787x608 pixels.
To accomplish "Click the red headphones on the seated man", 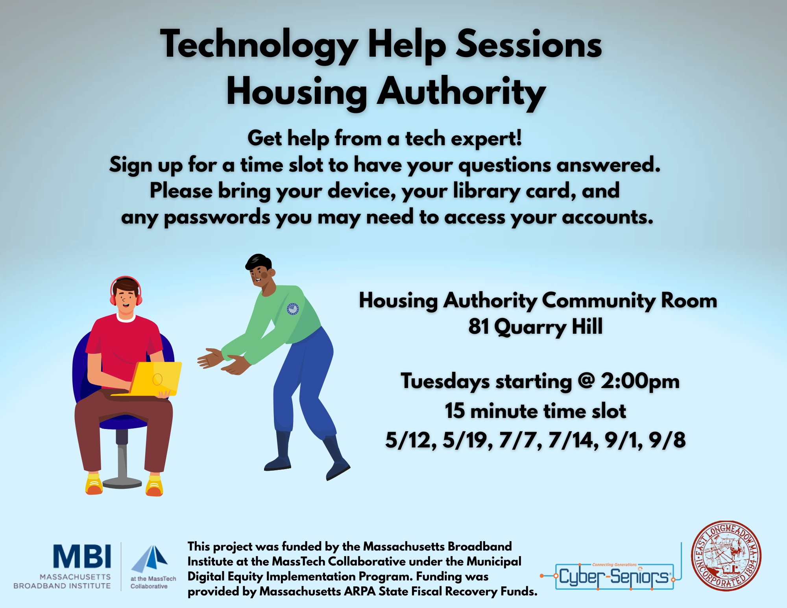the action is pyautogui.click(x=126, y=292).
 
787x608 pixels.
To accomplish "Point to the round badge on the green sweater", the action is pyautogui.click(x=292, y=309).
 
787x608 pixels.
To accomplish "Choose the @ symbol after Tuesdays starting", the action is pyautogui.click(x=586, y=381).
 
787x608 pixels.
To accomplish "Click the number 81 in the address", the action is pyautogui.click(x=478, y=326).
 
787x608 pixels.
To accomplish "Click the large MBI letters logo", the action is pyautogui.click(x=82, y=556).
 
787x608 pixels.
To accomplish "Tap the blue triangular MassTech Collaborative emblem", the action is pyautogui.click(x=150, y=558).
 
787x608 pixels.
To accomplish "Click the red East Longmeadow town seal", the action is pyautogui.click(x=726, y=556).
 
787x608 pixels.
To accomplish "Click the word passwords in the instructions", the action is pyautogui.click(x=217, y=218).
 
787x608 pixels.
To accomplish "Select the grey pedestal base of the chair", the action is pyautogui.click(x=122, y=482).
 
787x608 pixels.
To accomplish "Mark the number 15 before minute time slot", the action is pyautogui.click(x=455, y=411).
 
